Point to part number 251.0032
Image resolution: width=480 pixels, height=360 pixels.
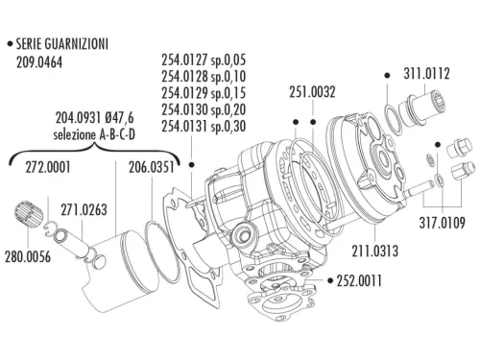[x=312, y=92]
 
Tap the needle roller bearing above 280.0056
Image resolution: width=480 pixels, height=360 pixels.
[x=33, y=214]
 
